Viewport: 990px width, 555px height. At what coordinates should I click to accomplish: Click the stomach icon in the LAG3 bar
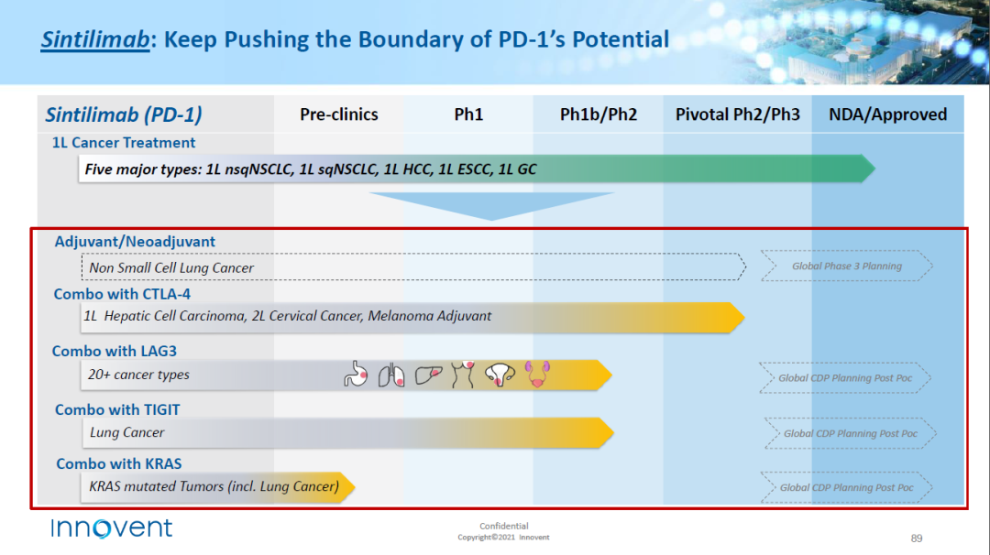coord(356,374)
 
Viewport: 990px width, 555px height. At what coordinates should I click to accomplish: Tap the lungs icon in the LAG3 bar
coord(391,375)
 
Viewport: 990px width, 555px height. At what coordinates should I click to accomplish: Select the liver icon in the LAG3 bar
coord(429,375)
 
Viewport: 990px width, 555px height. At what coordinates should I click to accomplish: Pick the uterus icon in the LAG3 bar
coord(500,375)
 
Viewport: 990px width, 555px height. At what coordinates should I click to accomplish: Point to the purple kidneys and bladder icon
coord(537,374)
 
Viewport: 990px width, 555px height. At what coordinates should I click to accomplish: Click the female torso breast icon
coord(463,374)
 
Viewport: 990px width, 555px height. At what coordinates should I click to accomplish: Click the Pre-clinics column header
coord(339,114)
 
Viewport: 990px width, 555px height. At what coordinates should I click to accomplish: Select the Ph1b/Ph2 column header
coord(599,114)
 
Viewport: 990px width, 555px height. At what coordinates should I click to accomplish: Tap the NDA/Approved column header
coord(887,114)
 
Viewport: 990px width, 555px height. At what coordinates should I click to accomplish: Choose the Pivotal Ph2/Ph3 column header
coord(737,114)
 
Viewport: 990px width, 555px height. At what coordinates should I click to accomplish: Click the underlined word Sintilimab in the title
coord(95,39)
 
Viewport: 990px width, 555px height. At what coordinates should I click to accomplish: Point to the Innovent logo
coord(111,528)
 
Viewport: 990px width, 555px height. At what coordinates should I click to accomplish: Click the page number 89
coord(917,538)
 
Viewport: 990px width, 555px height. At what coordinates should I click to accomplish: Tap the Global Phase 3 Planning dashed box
coord(847,267)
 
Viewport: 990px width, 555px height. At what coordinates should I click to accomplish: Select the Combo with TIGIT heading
coord(117,410)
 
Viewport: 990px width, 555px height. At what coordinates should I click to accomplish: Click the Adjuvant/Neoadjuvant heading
coord(135,242)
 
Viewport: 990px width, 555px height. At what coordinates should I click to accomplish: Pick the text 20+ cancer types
coord(138,375)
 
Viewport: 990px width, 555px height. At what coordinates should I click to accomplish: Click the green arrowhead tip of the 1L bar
coord(875,169)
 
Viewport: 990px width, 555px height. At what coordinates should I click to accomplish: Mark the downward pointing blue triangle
coord(491,206)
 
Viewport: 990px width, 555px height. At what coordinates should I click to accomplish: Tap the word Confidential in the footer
coord(504,526)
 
